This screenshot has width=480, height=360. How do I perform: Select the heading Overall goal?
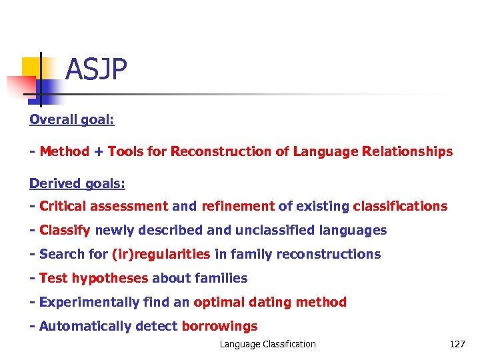pos(72,119)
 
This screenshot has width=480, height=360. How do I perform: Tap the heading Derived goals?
pos(77,183)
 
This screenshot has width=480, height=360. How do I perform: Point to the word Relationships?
pos(407,151)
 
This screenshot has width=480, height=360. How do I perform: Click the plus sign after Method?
pos(97,151)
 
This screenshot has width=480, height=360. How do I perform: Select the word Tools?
pos(125,151)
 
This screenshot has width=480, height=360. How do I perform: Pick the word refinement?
pos(237,206)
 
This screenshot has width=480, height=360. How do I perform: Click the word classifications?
pos(400,206)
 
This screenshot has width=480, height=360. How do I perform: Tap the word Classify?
pos(65,230)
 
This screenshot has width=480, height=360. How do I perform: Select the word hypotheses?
pos(111,278)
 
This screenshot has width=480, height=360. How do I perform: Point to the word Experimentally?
pos(89,302)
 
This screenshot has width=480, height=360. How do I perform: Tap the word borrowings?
pos(219,326)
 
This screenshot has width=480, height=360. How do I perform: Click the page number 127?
pos(457,344)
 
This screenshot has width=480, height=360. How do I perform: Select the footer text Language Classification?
pos(268,344)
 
